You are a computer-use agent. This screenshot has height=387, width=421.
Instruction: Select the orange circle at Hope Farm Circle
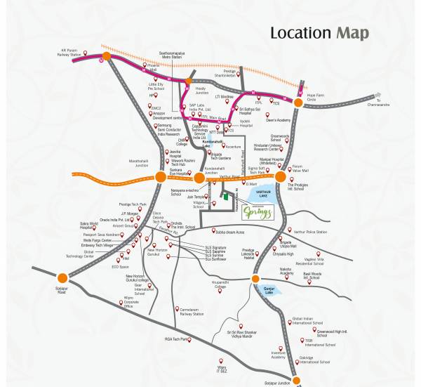click(x=298, y=103)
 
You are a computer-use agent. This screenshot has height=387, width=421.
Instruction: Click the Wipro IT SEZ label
click(x=224, y=369)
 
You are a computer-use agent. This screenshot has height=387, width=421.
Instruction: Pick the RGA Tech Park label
click(x=176, y=339)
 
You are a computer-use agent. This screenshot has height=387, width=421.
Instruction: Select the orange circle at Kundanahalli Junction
click(x=199, y=178)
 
